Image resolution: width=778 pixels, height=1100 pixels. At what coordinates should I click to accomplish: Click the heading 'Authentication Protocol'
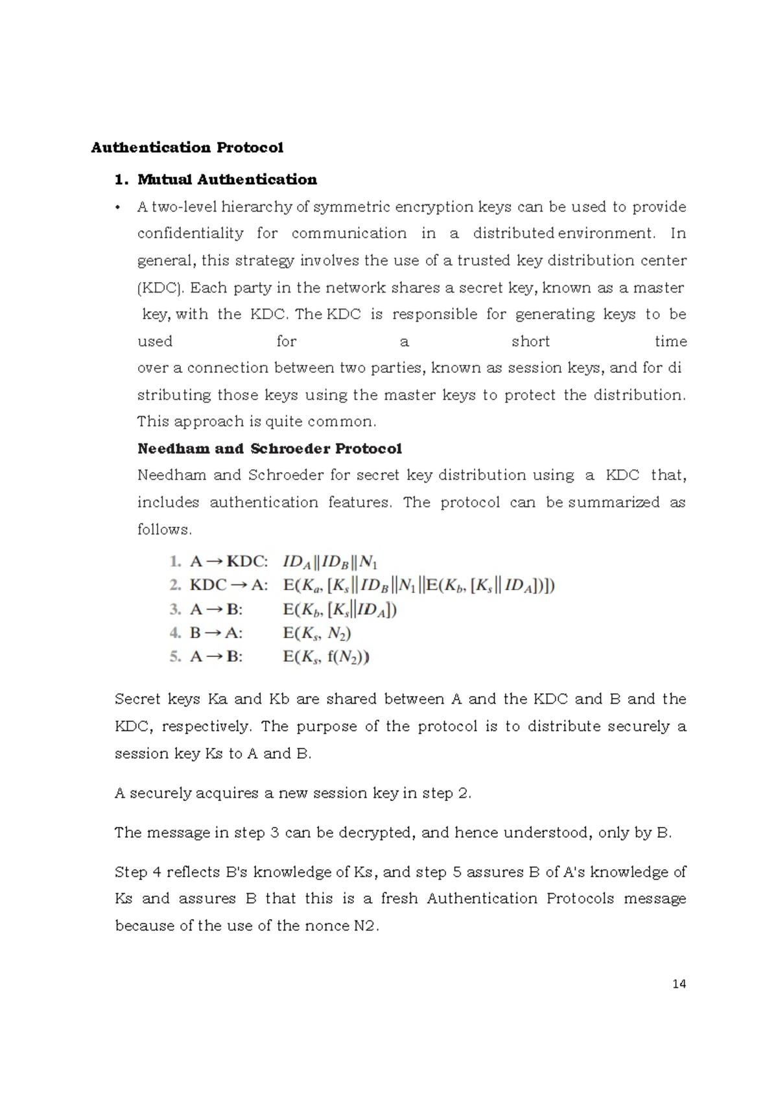187,147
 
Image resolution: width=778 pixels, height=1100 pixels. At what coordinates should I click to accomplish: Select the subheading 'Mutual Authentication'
227,179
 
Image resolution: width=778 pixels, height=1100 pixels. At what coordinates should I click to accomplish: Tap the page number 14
679,984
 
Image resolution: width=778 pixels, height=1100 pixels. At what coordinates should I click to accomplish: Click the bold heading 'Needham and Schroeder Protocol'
270,448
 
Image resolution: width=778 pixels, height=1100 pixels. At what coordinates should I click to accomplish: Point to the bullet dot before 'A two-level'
117,208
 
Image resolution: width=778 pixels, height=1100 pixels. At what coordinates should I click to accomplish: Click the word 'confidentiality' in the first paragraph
190,233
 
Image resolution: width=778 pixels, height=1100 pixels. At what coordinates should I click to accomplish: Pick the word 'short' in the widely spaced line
530,341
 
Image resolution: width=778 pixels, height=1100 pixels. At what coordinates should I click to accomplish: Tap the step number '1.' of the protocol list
175,561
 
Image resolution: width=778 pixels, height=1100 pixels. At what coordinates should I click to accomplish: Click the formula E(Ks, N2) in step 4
317,633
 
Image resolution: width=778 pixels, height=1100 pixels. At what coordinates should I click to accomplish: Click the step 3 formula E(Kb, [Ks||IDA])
340,610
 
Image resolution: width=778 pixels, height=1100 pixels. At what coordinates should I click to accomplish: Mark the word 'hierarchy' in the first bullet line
257,207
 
